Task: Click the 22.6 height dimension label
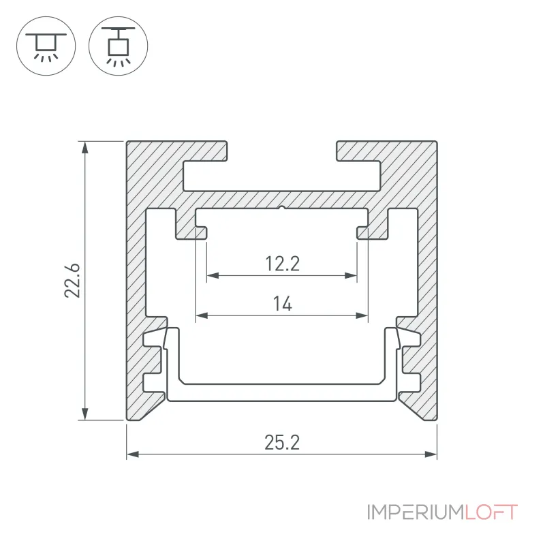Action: coord(72,281)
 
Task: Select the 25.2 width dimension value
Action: coord(282,442)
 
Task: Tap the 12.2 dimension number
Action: coord(282,264)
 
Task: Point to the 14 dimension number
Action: coord(283,303)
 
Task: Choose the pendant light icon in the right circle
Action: coord(118,46)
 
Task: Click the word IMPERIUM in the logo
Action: coord(416,512)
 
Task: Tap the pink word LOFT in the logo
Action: coord(490,512)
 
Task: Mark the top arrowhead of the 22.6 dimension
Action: coord(84,147)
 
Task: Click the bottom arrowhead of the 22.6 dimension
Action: coord(84,414)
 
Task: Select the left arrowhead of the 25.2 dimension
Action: coord(133,454)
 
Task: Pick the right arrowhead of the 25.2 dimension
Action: coord(431,454)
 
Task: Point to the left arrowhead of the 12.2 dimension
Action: coord(213,276)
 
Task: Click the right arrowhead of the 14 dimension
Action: coord(362,315)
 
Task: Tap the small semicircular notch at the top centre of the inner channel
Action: coord(282,208)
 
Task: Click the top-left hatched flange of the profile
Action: coord(177,151)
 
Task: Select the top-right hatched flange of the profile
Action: coord(386,151)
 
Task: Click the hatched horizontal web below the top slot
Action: coord(282,200)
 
